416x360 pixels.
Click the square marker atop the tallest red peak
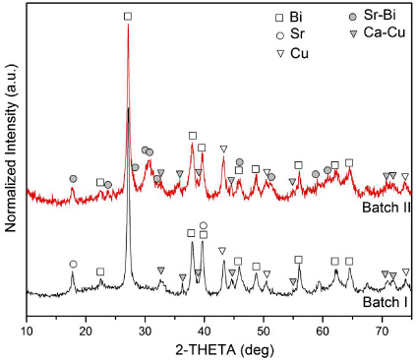(x=128, y=17)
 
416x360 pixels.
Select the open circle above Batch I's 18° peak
(x=73, y=264)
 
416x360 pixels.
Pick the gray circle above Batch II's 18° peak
(x=73, y=178)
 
